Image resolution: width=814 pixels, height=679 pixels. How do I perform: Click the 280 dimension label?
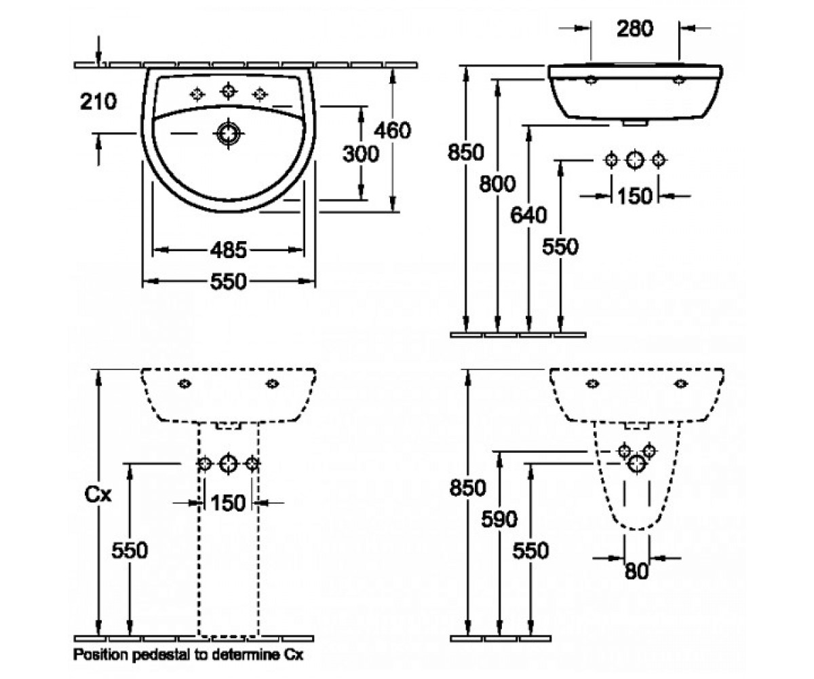tap(635, 29)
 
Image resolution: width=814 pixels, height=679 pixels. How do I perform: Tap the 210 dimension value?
tap(98, 101)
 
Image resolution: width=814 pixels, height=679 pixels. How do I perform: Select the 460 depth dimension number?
tap(392, 130)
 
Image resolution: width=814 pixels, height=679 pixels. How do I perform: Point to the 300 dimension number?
tap(361, 153)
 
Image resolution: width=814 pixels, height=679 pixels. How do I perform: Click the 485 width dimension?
tap(229, 250)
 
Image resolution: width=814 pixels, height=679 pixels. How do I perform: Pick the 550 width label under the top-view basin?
tap(229, 281)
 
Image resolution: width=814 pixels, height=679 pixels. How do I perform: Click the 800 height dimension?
tap(497, 183)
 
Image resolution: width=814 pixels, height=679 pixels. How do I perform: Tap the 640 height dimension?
tap(528, 215)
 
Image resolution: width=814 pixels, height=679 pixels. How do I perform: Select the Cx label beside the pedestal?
tap(98, 495)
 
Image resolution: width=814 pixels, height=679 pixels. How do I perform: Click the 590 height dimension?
tap(499, 519)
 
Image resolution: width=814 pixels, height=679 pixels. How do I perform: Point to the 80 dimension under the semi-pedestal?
tap(637, 571)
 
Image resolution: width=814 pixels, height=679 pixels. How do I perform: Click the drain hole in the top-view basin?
tap(229, 134)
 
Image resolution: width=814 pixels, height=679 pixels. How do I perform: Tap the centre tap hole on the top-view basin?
tap(229, 91)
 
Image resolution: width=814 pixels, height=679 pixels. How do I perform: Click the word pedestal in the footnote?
tap(162, 655)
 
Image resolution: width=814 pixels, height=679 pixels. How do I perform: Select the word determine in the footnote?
tap(246, 655)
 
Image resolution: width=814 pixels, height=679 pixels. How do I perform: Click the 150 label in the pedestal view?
tap(228, 502)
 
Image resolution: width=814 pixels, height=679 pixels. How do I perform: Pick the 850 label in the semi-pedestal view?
tap(468, 488)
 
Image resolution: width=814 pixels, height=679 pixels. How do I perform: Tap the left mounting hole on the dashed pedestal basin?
tap(185, 384)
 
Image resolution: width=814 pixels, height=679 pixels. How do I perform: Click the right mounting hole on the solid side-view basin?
tap(679, 80)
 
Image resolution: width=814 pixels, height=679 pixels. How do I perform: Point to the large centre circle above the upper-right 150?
tap(635, 160)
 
